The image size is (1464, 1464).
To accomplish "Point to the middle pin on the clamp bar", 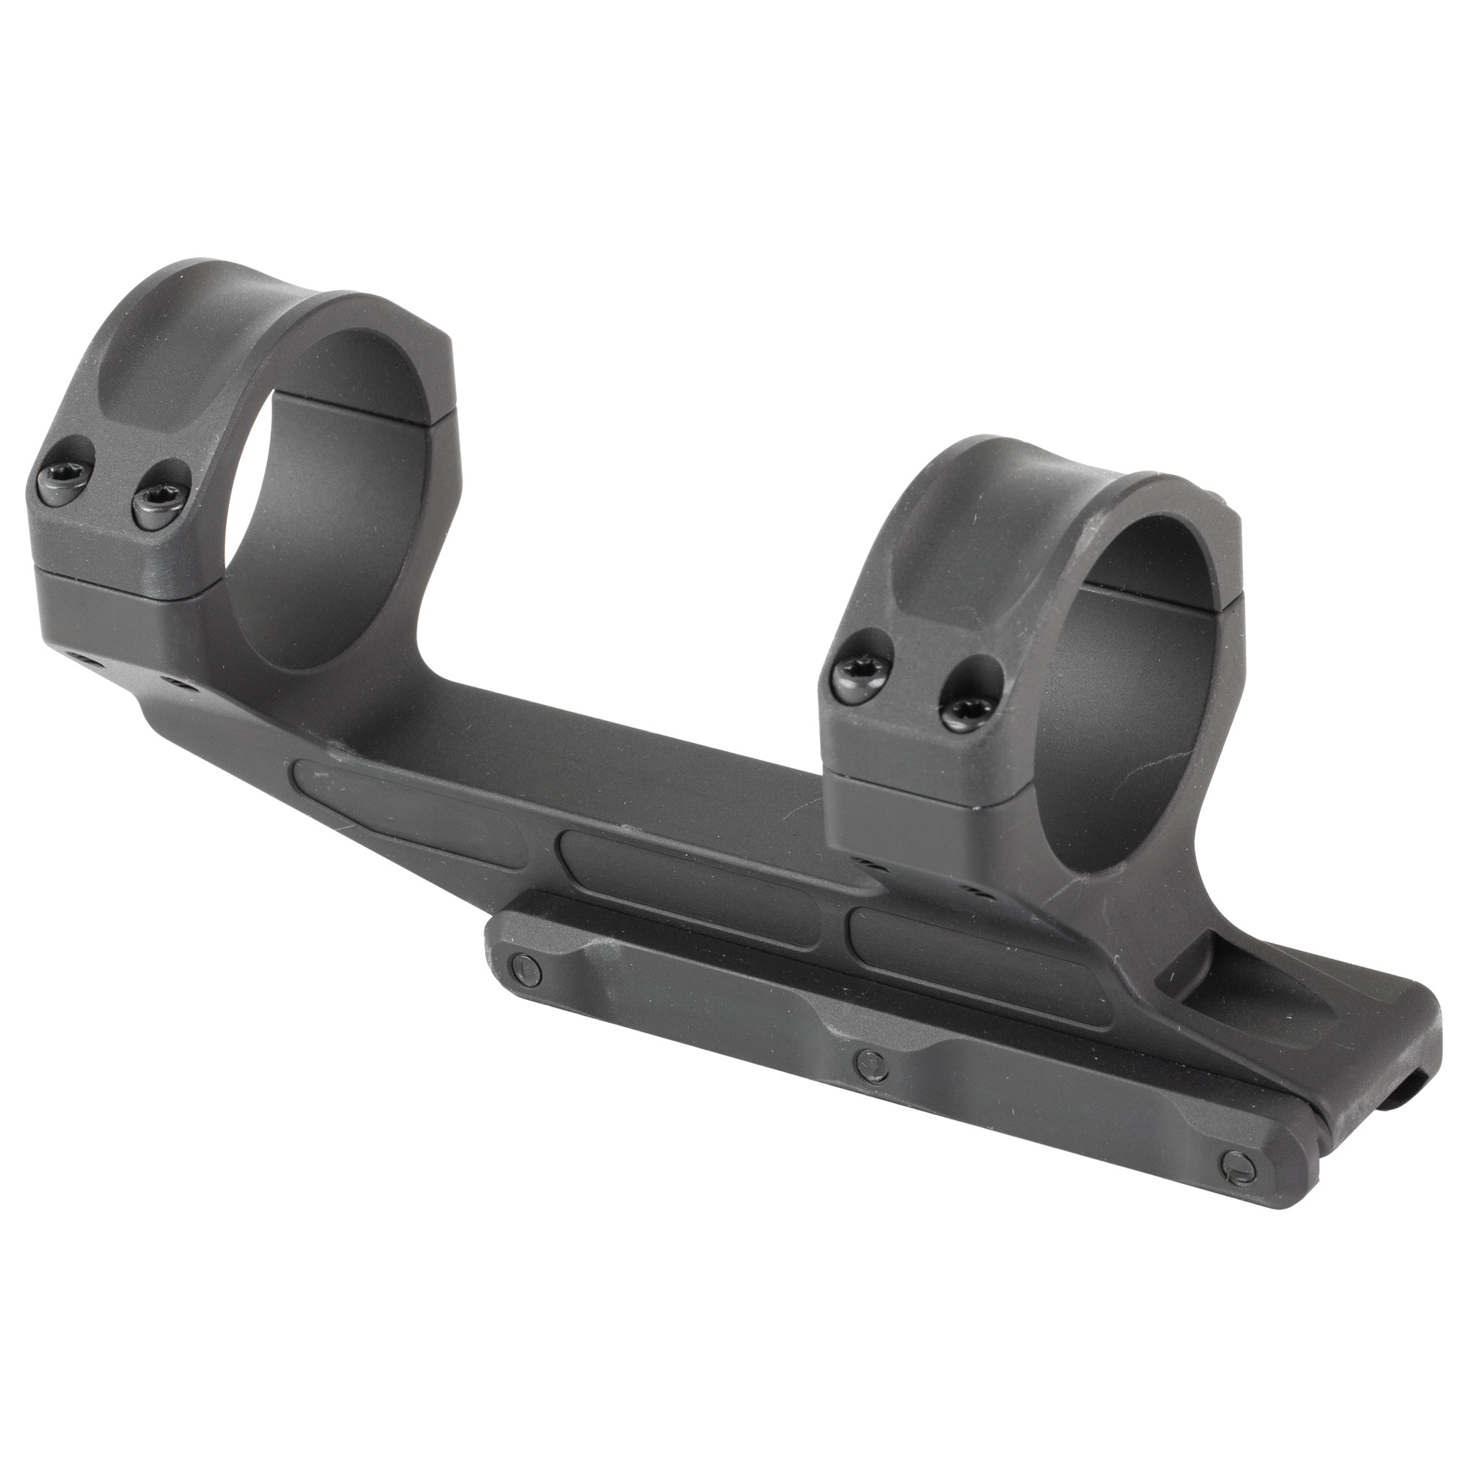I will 868,1062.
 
